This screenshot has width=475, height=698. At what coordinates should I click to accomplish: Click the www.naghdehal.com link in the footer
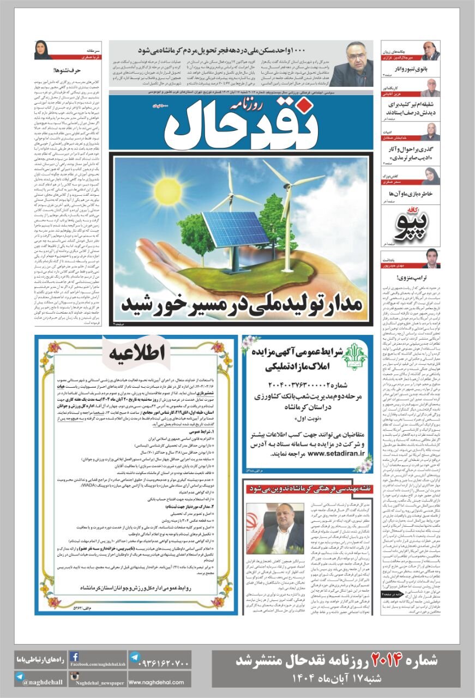click(159, 682)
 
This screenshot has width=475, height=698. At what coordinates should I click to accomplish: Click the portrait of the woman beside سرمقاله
click(43, 50)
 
